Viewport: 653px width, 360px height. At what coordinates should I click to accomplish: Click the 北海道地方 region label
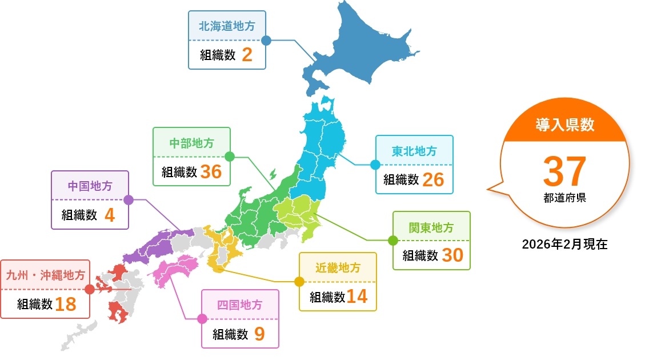(227, 26)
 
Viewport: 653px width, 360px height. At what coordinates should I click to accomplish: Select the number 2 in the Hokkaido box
(247, 55)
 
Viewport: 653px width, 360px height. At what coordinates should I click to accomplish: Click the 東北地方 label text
(414, 151)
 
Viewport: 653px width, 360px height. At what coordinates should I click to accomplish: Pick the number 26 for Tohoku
(434, 179)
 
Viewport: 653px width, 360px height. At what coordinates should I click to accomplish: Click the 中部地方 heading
(192, 143)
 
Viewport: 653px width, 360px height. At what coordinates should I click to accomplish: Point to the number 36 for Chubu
(211, 171)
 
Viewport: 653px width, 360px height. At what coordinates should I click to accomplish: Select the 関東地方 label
(431, 227)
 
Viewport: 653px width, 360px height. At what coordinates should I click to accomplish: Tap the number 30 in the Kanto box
(452, 255)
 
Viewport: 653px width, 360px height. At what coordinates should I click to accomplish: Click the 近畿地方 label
(338, 268)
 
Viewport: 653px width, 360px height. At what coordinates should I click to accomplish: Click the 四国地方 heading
(240, 305)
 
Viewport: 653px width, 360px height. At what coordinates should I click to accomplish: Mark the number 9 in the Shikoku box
(259, 334)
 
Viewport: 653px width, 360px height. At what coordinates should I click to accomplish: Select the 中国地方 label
(90, 186)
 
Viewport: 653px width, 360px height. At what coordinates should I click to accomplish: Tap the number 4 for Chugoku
(110, 215)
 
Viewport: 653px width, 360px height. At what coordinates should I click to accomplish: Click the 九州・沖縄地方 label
(45, 275)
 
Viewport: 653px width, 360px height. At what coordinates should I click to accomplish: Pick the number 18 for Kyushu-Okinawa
(66, 304)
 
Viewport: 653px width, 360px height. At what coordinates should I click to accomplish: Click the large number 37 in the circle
(564, 171)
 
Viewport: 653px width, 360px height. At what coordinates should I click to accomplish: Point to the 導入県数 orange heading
(564, 125)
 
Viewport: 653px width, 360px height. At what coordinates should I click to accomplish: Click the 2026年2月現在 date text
(564, 245)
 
